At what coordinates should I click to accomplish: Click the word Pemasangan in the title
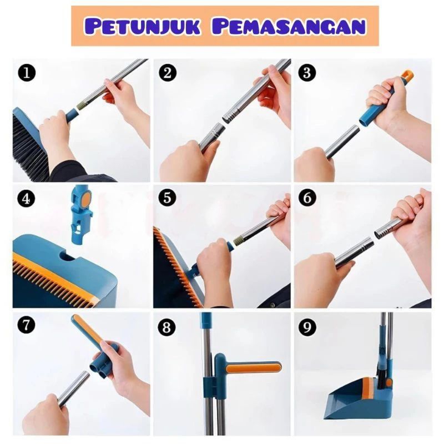point(289,27)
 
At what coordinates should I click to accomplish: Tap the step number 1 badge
point(26,73)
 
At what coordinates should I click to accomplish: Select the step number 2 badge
point(168,73)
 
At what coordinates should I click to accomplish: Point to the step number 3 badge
point(307,73)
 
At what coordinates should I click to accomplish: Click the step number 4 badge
point(26,199)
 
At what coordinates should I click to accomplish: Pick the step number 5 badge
point(168,198)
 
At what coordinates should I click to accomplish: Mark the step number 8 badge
point(167,327)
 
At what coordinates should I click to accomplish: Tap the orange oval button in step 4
point(87,198)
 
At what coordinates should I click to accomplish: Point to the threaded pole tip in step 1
point(81,106)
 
